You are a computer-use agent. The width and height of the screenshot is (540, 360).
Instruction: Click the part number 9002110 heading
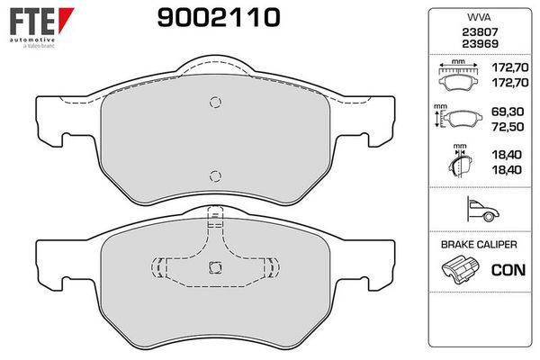click(x=219, y=18)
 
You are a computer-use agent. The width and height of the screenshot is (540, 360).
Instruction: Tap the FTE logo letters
click(x=32, y=22)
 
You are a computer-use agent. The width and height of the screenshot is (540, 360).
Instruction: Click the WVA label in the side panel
click(x=479, y=17)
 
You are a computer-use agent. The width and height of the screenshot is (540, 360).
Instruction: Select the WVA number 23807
click(x=480, y=32)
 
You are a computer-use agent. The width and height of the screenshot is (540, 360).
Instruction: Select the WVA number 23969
click(x=480, y=44)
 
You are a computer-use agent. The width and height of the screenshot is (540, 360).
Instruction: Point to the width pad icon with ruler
click(x=458, y=76)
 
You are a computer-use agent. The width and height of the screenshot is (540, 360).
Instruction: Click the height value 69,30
click(x=508, y=112)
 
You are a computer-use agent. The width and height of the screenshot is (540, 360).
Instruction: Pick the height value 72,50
click(x=508, y=126)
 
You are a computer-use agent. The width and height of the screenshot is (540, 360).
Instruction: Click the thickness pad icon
click(x=460, y=161)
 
